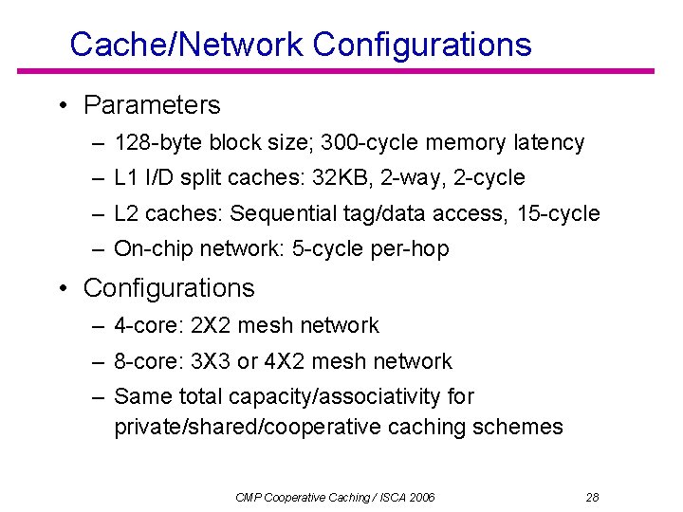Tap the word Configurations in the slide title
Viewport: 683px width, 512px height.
[x=422, y=44]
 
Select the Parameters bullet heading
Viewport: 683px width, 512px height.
[x=152, y=105]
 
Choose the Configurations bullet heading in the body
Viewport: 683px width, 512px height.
[x=169, y=287]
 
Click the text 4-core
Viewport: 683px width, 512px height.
[x=149, y=325]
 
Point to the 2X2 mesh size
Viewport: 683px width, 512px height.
[x=211, y=325]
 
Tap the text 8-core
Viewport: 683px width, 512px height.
[x=149, y=361]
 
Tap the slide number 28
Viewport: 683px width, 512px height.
[x=593, y=497]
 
